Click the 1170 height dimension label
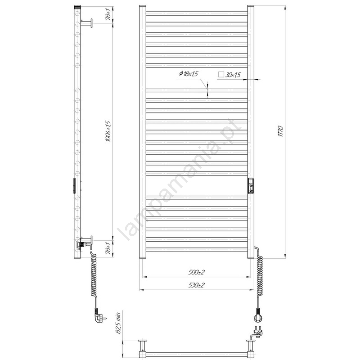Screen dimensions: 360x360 point(280,131)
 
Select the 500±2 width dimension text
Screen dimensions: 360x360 point(196,272)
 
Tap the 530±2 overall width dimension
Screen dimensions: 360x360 point(196,285)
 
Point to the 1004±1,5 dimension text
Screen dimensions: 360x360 point(108,131)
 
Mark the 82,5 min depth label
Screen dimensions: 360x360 point(118,323)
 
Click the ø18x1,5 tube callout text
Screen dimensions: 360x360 point(189,74)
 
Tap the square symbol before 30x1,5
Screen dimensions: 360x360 point(221,74)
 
